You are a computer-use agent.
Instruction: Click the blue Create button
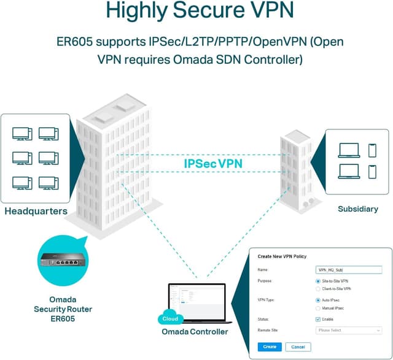click(270, 347)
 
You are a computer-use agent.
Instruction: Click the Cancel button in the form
click(298, 347)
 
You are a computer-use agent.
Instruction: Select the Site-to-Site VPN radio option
click(317, 281)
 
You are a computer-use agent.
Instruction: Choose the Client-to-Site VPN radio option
click(317, 288)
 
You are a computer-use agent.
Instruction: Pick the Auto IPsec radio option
click(317, 301)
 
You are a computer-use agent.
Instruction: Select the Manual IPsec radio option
click(317, 308)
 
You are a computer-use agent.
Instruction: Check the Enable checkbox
click(317, 320)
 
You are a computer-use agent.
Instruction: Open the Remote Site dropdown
click(348, 330)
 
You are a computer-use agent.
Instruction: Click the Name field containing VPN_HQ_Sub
click(348, 269)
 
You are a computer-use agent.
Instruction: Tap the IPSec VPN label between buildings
click(213, 164)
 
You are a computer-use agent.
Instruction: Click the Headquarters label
click(36, 212)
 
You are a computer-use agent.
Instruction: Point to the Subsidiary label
click(357, 209)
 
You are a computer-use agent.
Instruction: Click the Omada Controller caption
click(195, 332)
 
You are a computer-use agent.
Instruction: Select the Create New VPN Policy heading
click(282, 256)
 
